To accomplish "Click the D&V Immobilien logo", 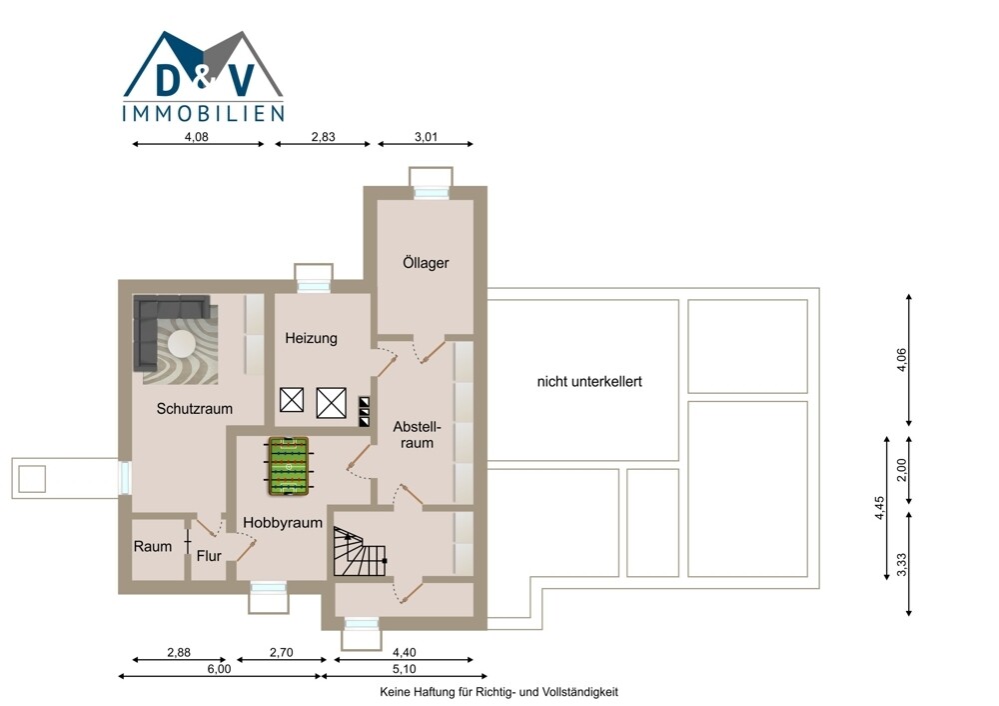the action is point(203,76).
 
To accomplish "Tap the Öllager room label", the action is point(426,262).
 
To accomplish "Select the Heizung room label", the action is point(311,338).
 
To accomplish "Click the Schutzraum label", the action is point(195,408).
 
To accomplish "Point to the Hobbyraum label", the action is point(283,522).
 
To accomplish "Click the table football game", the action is point(289,466).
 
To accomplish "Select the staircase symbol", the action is point(360,552).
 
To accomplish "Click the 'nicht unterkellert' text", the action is point(589,381).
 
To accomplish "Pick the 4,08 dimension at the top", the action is point(196,136).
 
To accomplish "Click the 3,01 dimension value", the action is point(427,136).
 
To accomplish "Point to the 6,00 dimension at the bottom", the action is point(219,668).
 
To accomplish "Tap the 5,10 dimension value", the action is point(404,668).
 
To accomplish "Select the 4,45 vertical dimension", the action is point(879,508).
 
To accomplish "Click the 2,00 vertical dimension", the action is point(901,471).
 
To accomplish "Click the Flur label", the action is point(209,556).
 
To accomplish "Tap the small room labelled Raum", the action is point(152,547).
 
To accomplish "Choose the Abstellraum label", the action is point(417,434).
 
